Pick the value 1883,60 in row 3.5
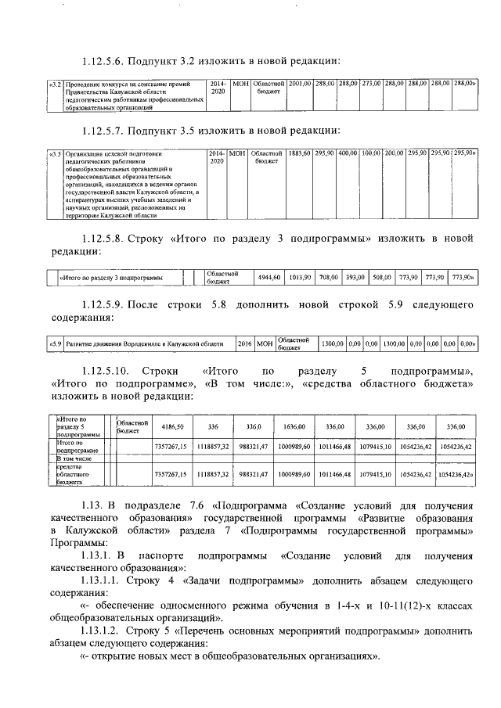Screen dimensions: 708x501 300,153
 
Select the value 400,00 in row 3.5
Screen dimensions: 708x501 348,153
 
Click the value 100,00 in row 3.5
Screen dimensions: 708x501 371,153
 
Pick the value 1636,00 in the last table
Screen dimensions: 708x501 294,426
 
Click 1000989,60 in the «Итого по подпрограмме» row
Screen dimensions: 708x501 294,446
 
